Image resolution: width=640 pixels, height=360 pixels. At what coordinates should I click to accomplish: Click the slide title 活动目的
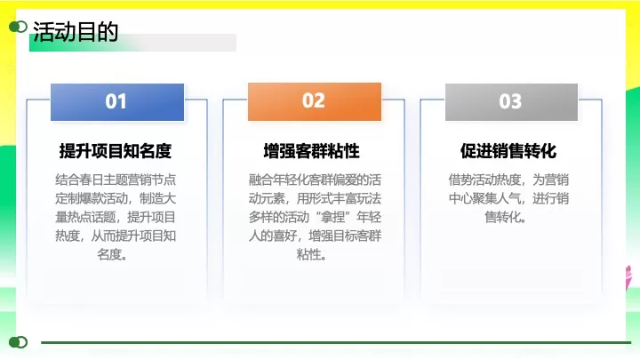click(76, 32)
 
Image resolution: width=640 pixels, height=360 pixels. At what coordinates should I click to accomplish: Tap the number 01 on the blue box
click(116, 101)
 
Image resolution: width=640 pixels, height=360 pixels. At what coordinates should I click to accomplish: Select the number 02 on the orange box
click(314, 100)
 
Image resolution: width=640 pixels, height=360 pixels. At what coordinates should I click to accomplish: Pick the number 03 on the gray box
click(510, 101)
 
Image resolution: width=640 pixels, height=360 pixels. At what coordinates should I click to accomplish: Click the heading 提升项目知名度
click(116, 150)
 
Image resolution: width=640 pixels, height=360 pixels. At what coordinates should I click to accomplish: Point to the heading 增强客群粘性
click(312, 150)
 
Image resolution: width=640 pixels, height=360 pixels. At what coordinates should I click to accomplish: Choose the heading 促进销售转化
click(508, 150)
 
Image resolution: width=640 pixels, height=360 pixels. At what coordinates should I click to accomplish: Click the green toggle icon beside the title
click(18, 28)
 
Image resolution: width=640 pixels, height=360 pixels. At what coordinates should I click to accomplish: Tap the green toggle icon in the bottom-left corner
click(18, 341)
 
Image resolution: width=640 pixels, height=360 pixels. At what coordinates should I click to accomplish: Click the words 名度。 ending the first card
click(116, 255)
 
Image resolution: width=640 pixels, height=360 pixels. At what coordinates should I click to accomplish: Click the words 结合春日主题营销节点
click(116, 179)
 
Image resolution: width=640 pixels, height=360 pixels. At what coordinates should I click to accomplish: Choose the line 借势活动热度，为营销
click(509, 179)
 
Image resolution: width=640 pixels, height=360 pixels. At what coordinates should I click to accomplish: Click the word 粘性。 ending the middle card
click(313, 255)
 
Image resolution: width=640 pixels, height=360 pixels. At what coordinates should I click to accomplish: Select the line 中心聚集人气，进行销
click(509, 198)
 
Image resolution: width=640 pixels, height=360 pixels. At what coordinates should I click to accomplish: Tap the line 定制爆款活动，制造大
click(116, 198)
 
